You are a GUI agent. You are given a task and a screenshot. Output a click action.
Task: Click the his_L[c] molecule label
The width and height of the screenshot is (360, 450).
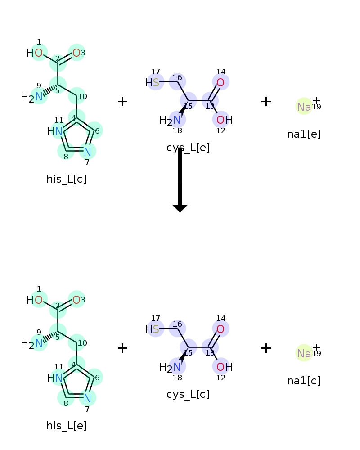[67, 179]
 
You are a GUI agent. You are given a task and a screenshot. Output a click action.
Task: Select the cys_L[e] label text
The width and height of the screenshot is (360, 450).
[188, 148]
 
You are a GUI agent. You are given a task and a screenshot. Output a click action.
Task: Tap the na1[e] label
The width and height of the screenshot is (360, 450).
[304, 134]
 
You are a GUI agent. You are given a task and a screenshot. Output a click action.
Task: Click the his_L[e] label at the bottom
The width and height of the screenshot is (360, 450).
[67, 426]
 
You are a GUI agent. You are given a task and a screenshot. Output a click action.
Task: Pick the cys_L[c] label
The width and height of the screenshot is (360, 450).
[188, 394]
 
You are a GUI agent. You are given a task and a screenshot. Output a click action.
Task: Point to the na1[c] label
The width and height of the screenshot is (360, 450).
[304, 381]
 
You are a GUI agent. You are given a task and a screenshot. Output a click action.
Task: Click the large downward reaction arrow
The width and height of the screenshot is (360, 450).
[180, 180]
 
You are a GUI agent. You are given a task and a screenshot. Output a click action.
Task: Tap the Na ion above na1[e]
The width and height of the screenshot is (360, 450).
[304, 107]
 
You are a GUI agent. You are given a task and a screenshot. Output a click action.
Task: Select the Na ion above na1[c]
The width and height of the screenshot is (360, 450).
[304, 353]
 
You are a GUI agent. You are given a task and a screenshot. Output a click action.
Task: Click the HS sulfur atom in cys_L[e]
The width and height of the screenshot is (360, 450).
[156, 82]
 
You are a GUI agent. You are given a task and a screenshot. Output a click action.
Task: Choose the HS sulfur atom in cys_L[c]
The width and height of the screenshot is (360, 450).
[156, 329]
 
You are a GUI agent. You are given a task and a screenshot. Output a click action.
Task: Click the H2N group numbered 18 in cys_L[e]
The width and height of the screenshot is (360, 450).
[177, 120]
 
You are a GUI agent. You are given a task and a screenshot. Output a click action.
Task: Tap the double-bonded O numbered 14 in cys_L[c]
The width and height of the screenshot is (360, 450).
[220, 329]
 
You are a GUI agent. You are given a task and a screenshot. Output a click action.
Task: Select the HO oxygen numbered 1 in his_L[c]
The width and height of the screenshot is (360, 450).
[39, 53]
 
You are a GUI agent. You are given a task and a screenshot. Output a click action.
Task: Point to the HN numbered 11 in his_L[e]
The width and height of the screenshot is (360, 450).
[58, 378]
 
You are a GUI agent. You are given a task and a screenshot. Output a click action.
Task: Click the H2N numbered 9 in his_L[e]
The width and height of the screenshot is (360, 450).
[39, 343]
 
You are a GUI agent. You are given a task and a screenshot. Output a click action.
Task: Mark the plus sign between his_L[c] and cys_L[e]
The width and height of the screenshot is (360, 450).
[122, 102]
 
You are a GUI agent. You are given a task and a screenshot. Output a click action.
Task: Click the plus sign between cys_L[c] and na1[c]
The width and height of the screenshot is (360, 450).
[266, 348]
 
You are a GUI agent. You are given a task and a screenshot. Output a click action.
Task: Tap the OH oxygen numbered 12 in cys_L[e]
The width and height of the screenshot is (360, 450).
[220, 120]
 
